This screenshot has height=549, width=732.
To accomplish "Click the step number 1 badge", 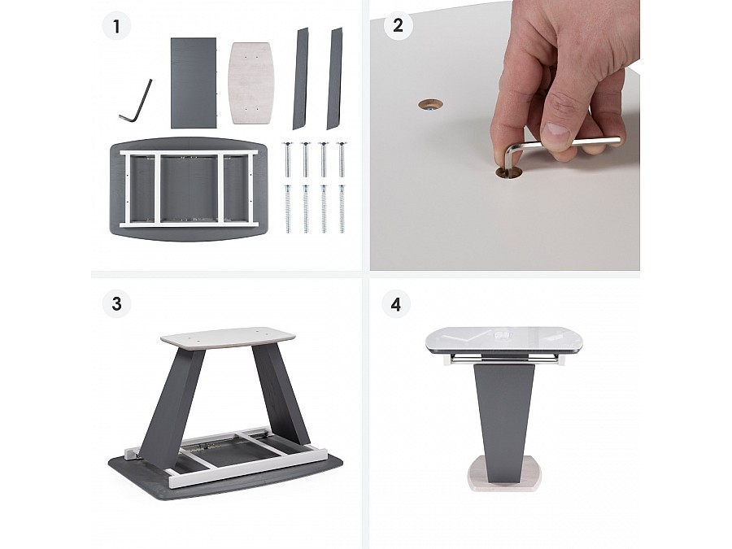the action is tap(116, 26).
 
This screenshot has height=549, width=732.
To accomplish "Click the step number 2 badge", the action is tap(398, 25).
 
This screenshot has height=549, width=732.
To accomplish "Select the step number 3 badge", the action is tap(116, 304).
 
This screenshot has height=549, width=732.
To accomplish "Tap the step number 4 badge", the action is tap(396, 304).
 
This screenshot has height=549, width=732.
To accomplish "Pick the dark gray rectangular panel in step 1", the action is tap(194, 83).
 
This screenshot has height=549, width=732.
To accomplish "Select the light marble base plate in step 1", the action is tap(251, 83).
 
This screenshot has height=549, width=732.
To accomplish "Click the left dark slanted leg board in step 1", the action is tap(301, 78).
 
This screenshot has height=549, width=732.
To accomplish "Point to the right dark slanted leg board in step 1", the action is tap(335, 78).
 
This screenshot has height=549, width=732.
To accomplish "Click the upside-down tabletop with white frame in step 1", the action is tap(189, 189).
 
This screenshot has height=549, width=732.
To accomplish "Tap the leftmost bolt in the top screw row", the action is tap(287, 159).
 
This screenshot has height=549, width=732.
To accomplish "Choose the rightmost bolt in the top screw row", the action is tap(342, 159).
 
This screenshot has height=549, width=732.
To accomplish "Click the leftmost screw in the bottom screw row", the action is tap(288, 209).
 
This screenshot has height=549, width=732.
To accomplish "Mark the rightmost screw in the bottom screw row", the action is tap(342, 209).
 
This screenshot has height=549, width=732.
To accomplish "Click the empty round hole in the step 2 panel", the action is tap(431, 105).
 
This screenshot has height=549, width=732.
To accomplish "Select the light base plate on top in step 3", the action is tap(229, 338).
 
